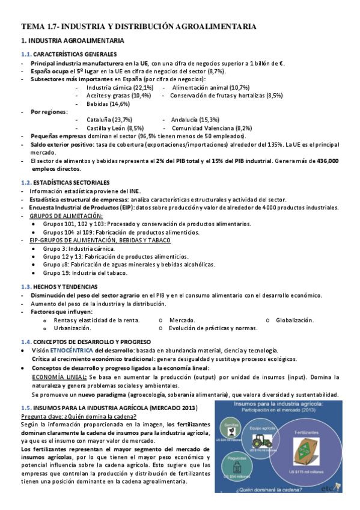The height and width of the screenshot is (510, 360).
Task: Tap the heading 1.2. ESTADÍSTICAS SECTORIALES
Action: click(66, 182)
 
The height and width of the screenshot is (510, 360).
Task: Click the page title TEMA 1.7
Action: click(139, 26)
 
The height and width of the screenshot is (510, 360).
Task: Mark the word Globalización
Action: click(294, 320)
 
